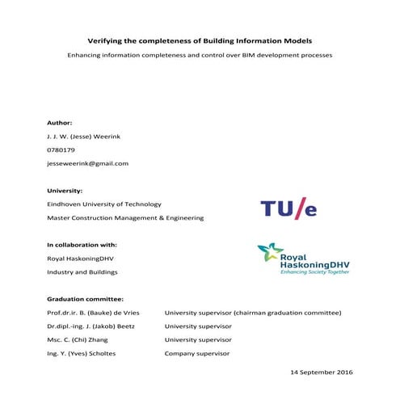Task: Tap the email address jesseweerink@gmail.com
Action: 88,163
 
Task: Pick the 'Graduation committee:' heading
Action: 85,298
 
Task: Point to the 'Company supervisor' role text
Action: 197,353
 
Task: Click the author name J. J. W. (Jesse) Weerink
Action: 84,136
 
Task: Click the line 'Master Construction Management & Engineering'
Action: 125,217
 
